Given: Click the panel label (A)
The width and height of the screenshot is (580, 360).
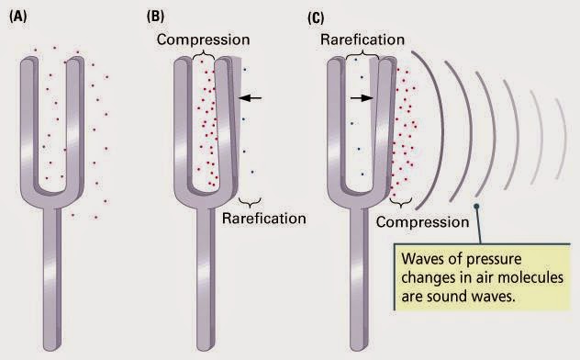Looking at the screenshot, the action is click(x=17, y=17).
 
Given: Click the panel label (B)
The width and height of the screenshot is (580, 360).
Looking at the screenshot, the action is click(x=155, y=17).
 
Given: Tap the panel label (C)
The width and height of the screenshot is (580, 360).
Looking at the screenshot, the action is click(x=316, y=17).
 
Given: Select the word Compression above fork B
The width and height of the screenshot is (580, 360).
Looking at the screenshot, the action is click(x=203, y=39).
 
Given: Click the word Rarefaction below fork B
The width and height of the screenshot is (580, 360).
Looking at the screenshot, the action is click(x=263, y=219).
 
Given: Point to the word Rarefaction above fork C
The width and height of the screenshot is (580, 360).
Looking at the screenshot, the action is click(x=362, y=39).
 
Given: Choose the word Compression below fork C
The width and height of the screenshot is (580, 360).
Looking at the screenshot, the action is click(x=422, y=222).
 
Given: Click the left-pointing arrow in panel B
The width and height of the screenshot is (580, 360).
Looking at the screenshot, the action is click(x=250, y=98).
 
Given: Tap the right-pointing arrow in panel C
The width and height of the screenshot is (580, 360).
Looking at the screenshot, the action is click(x=362, y=98).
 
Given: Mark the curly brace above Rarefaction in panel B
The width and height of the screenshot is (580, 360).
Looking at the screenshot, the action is click(x=250, y=203).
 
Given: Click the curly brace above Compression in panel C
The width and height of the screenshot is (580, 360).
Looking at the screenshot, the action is click(x=401, y=203).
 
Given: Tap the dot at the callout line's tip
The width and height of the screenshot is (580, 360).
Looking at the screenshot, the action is click(x=476, y=206).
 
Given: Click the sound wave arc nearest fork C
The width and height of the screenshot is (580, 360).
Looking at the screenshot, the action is click(x=440, y=130).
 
